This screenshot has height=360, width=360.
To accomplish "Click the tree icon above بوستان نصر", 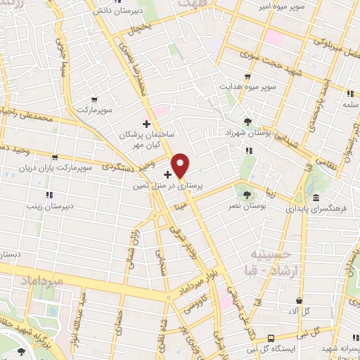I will (x=246, y=195).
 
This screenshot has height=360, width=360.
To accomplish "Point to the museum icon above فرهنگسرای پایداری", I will (x=316, y=197).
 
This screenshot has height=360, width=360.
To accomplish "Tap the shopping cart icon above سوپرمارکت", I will (x=94, y=99).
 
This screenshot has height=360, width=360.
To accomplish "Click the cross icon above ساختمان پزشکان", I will (x=146, y=124).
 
